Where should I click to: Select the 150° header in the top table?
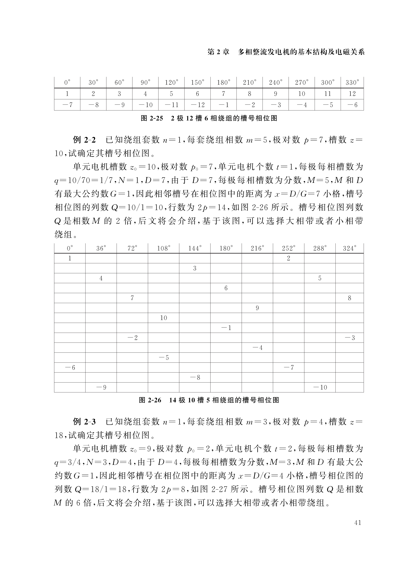pos(197,83)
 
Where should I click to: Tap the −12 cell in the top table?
pos(197,105)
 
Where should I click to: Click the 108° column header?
pos(164,248)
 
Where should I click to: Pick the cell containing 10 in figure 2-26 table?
pos(164,318)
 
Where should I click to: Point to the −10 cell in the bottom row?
pos(320,387)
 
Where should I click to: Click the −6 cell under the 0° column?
pos(70,368)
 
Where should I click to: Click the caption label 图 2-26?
pos(150,400)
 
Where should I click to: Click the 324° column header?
pos(349,248)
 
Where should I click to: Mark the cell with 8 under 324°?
pos(349,298)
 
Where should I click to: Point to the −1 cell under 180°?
pos(226,328)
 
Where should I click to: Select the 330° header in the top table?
pos(352,83)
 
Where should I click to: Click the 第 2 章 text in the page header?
pos(218,52)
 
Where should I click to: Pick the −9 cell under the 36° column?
pos(101,387)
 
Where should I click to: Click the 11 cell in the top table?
pos(327,94)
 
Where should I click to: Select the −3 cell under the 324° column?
pos(349,338)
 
